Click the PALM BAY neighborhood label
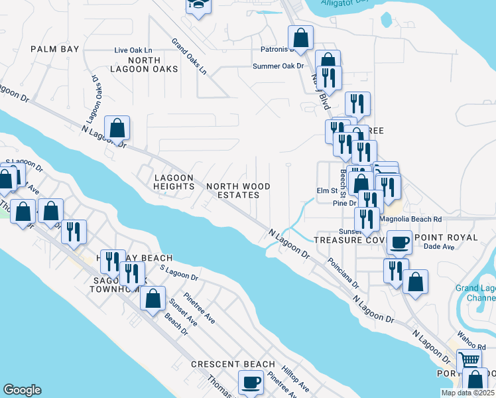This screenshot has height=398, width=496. click(55, 49)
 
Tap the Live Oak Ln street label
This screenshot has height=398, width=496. click(133, 50)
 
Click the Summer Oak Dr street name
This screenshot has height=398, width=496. click(278, 66)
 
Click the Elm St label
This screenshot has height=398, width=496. click(326, 192)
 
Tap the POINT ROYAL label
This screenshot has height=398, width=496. click(445, 237)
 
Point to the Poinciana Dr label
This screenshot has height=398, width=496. click(342, 274)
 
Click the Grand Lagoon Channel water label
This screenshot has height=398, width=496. click(475, 293)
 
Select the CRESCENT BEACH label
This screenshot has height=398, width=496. click(233, 364)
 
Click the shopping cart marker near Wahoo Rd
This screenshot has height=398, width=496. click(469, 360)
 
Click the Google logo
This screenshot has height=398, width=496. click(22, 390)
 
